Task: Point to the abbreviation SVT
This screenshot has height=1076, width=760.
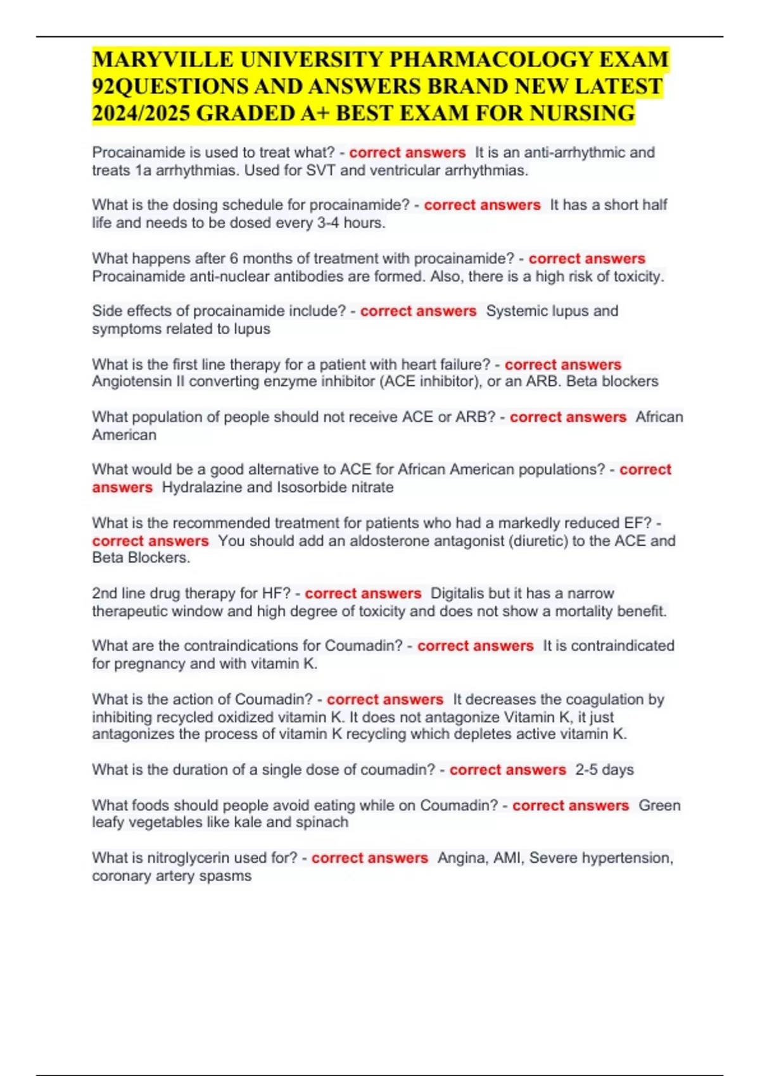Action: point(320,170)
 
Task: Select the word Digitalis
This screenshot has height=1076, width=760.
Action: point(457,594)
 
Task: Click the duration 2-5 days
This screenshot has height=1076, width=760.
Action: point(604,770)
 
